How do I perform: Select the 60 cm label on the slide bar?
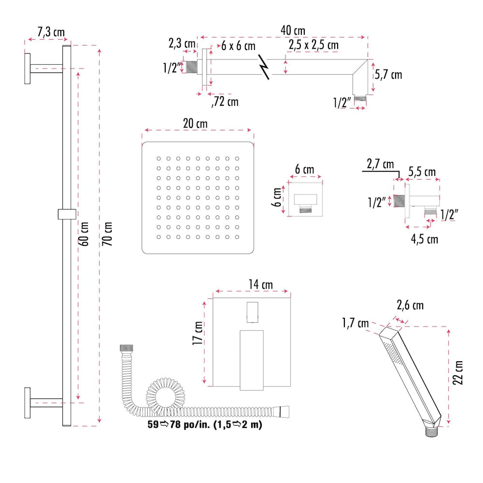[x=85, y=234]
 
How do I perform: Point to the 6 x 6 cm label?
[x=238, y=46]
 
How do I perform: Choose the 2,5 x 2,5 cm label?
[x=313, y=45]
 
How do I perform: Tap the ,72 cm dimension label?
[x=225, y=102]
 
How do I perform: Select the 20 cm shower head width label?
[x=195, y=124]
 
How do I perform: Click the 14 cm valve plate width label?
[x=260, y=284]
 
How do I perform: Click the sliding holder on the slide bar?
[x=67, y=213]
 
